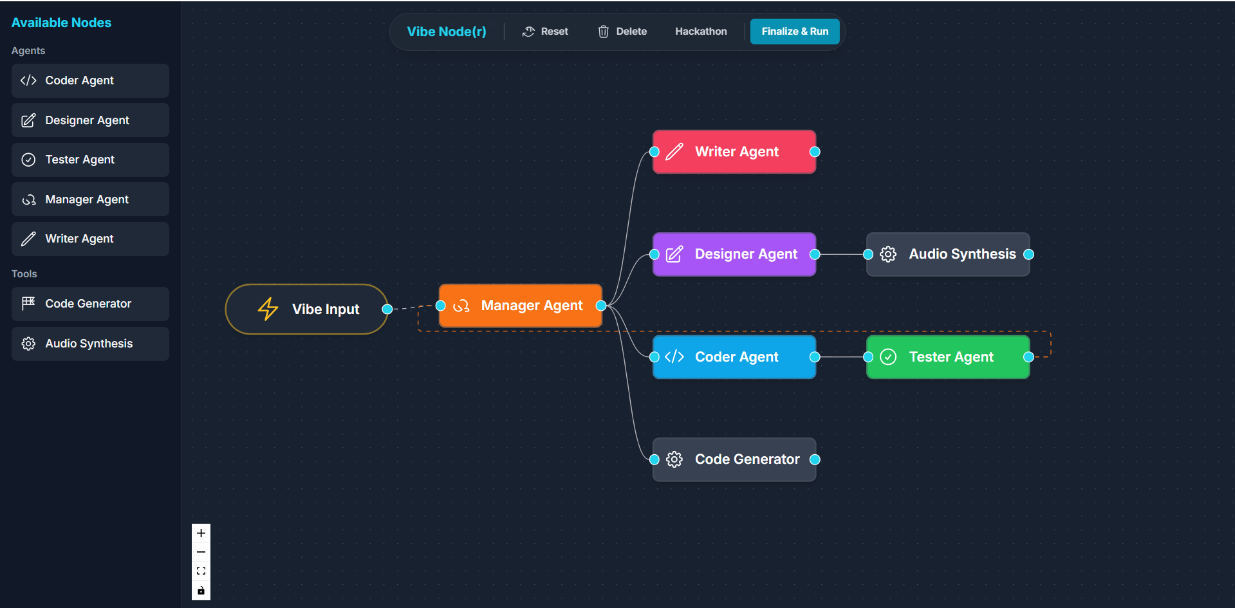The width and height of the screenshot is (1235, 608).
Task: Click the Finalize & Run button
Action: tap(795, 32)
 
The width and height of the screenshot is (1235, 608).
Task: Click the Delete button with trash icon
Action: tap(622, 32)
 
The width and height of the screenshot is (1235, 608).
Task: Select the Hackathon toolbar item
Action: tap(701, 32)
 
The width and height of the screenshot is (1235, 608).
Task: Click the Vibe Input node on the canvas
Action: tap(307, 309)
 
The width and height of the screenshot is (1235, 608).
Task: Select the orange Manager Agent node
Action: tap(521, 306)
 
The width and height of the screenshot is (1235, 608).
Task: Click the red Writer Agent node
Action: tap(734, 152)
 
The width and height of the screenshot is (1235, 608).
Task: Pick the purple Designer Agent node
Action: tap(734, 254)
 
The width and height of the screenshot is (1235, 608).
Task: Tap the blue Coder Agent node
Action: tap(734, 357)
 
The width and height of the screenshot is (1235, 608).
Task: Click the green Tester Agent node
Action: tap(948, 357)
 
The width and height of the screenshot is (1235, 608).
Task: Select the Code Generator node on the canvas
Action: tap(734, 459)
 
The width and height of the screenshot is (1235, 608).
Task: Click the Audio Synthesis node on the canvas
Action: tap(948, 254)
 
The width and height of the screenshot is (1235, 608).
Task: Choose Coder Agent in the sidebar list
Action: tap(90, 80)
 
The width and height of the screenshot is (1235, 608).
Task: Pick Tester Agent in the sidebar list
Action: tap(90, 160)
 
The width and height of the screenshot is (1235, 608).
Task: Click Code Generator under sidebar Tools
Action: tap(90, 304)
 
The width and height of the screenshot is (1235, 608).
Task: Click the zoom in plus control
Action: tap(201, 533)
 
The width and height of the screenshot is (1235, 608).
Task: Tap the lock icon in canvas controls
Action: tap(201, 591)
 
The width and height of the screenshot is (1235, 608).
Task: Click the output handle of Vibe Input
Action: tap(387, 309)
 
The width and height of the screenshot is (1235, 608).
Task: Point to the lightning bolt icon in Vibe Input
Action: tap(268, 309)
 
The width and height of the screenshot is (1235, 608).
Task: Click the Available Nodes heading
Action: tap(61, 23)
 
